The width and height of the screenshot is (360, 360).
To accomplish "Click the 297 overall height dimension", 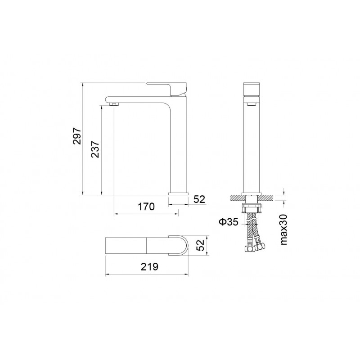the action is [x=77, y=136].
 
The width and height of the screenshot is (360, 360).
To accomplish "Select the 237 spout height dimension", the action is [x=95, y=149].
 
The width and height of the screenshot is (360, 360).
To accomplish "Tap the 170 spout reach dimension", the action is [x=146, y=207].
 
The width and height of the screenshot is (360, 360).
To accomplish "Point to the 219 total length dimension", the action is [x=149, y=267].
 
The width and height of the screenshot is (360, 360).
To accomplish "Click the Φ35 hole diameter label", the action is [x=229, y=222].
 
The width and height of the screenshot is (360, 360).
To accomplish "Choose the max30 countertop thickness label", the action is [x=284, y=229].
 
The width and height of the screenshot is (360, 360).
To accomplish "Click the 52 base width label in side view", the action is [x=199, y=199].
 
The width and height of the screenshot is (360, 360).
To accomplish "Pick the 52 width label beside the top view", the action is [x=200, y=245].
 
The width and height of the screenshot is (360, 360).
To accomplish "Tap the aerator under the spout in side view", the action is [x=114, y=104].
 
